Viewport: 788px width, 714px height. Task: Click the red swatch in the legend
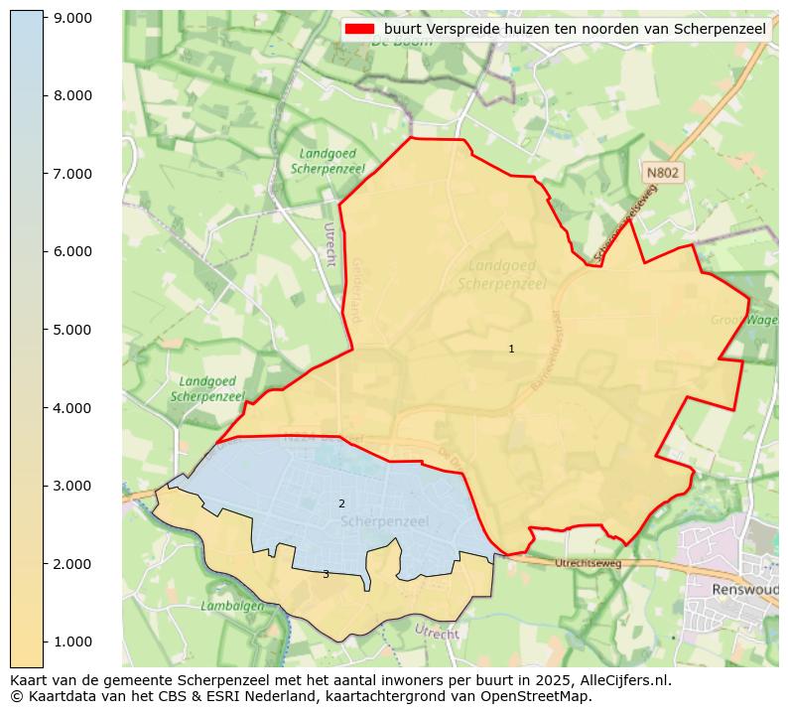358,29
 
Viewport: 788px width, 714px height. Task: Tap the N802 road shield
662,173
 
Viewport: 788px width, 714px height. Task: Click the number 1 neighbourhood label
511,349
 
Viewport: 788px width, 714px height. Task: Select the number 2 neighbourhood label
341,503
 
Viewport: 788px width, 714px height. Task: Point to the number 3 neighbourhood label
325,574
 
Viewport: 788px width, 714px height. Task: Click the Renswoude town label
744,589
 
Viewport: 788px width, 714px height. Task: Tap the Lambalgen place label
232,605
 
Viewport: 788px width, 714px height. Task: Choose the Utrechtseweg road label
588,563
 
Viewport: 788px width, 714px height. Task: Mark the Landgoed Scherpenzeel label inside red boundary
502,274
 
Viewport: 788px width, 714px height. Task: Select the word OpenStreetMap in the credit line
535,696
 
